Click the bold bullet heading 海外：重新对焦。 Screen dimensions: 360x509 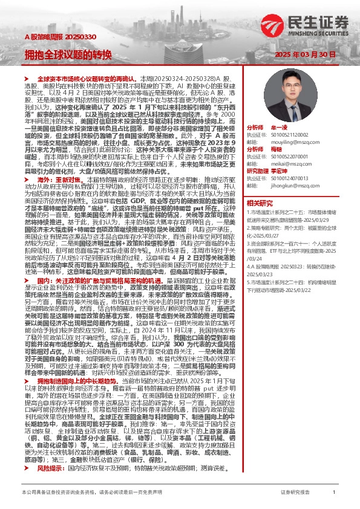click(x=64, y=180)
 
